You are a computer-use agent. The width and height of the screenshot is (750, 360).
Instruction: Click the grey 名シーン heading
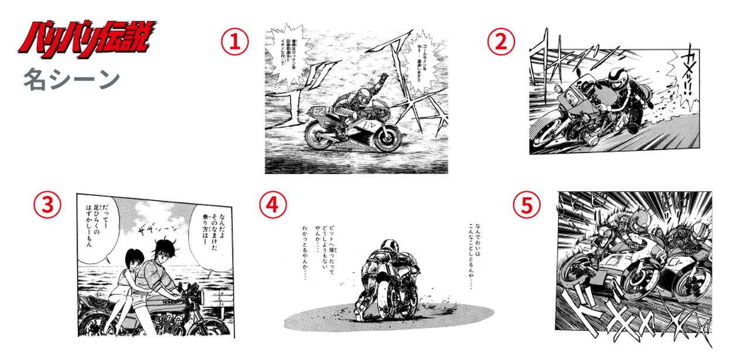pyautogui.click(x=71, y=79)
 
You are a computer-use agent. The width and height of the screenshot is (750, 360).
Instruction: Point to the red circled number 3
pyautogui.click(x=47, y=205)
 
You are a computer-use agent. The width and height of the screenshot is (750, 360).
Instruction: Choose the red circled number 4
pyautogui.click(x=273, y=205)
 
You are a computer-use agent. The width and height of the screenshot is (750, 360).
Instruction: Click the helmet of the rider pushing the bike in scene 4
pyautogui.click(x=387, y=246)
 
